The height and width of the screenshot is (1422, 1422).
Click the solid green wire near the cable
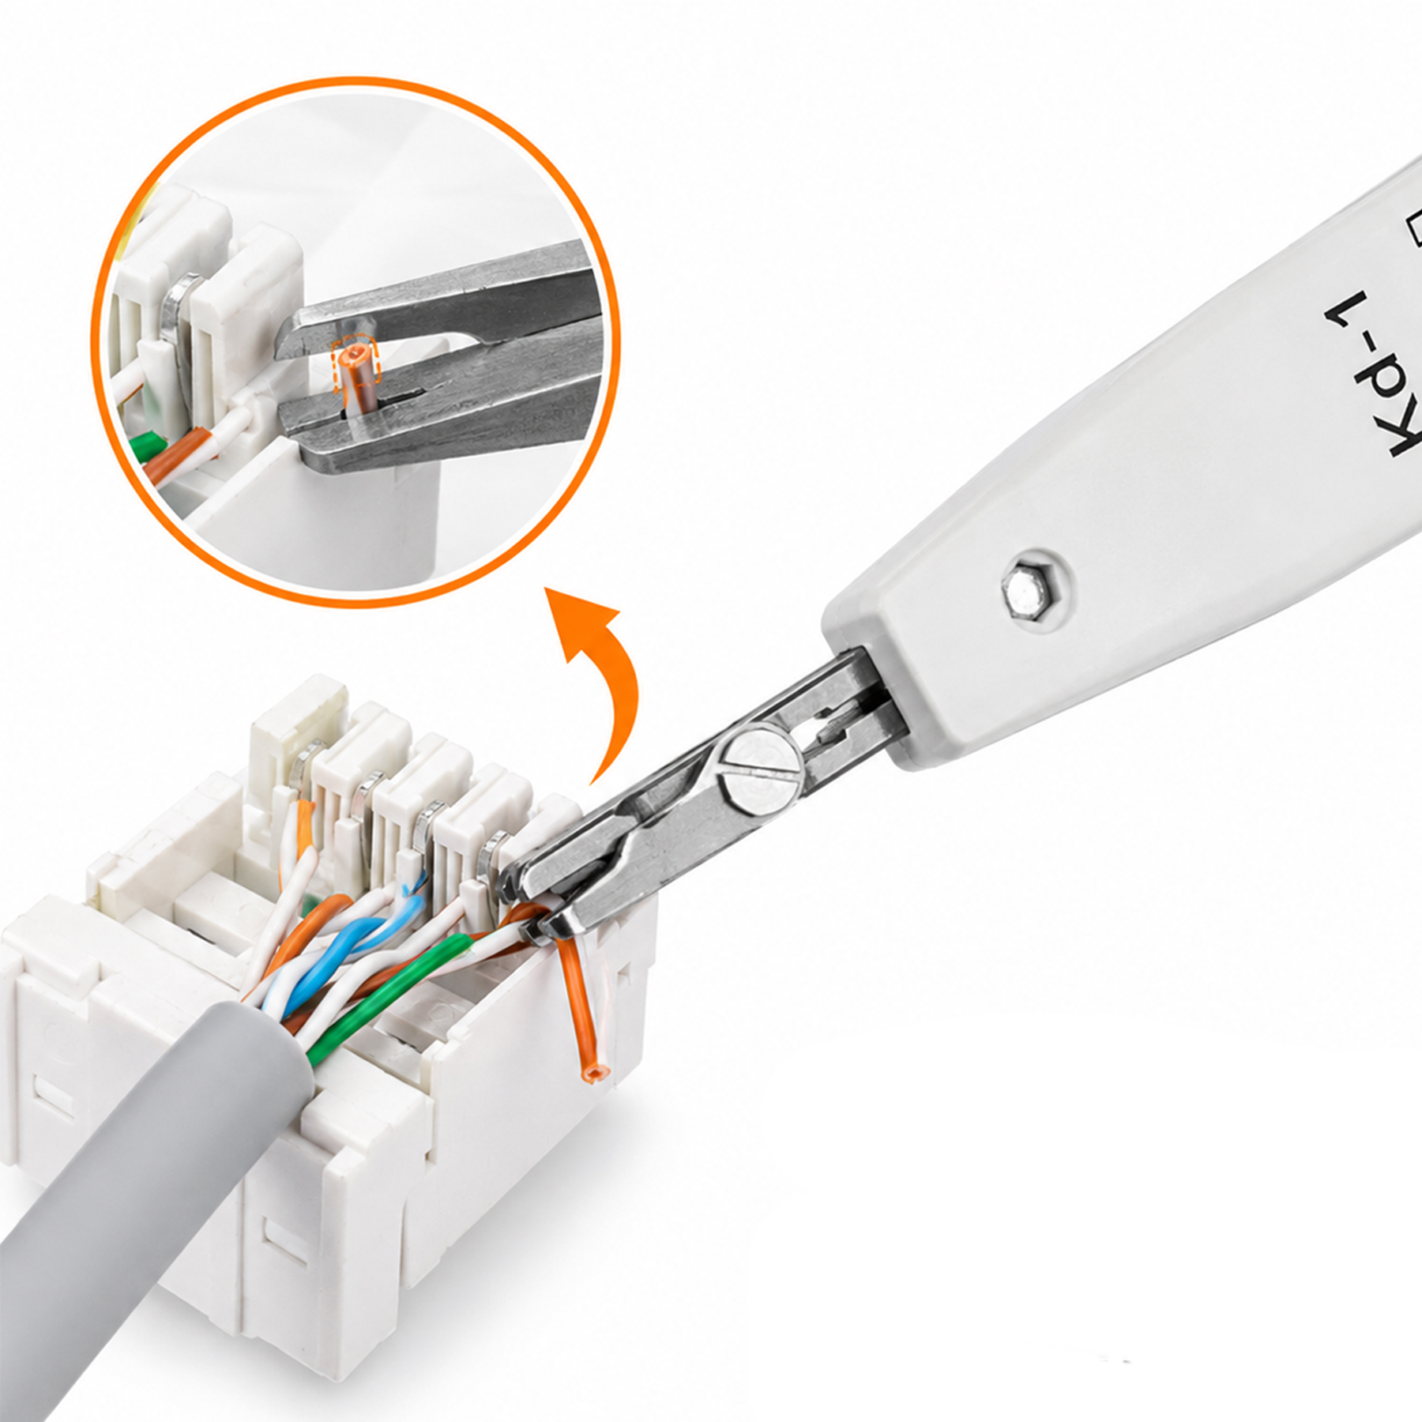click(x=371, y=995)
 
